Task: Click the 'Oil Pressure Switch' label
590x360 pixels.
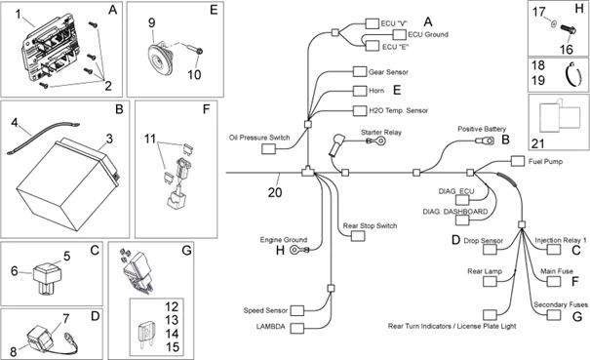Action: click(259, 138)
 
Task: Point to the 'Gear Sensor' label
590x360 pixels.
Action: click(388, 72)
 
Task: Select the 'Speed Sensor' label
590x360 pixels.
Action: click(265, 310)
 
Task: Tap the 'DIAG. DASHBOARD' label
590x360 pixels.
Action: click(452, 211)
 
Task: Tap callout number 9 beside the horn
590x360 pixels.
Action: click(151, 21)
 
